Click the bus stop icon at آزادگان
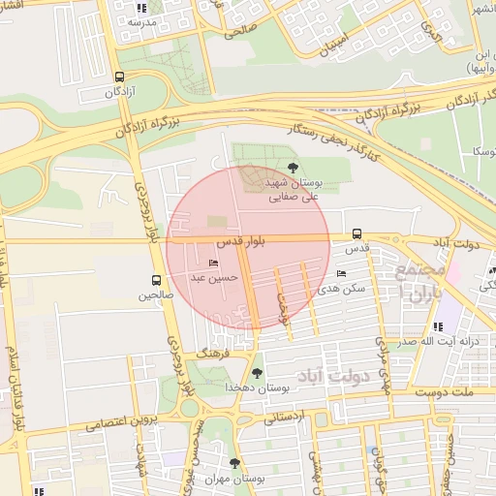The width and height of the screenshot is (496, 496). click(119, 77)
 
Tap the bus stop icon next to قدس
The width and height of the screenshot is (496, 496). click(357, 233)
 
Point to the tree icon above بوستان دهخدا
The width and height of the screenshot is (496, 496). click(257, 372)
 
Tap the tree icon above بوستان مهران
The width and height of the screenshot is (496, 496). click(233, 464)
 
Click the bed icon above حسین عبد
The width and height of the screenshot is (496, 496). click(214, 263)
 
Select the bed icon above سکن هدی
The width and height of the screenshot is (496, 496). click(341, 274)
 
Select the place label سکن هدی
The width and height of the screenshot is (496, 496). click(346, 289)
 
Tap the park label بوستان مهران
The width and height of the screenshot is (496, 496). click(233, 480)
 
